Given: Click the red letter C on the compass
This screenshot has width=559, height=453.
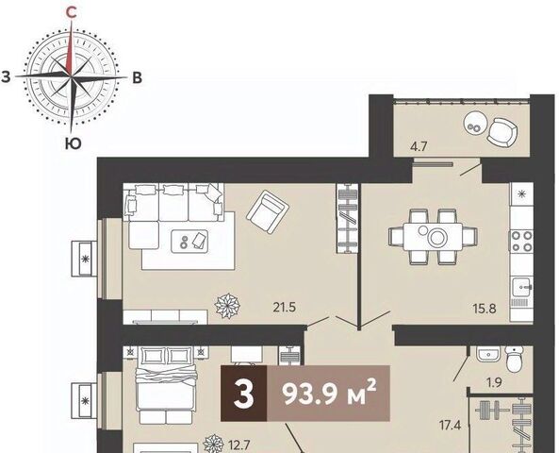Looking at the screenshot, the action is (x=72, y=13).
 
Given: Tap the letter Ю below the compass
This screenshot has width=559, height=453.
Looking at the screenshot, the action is (x=73, y=143).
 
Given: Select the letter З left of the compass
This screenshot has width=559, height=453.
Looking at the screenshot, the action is (x=6, y=76).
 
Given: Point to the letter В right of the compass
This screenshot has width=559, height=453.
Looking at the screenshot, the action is (x=138, y=77).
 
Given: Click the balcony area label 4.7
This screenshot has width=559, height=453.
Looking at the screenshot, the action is (x=419, y=146).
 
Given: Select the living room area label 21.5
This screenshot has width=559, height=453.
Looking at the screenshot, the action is (x=285, y=308).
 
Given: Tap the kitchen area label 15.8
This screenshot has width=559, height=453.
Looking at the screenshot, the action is (x=485, y=308).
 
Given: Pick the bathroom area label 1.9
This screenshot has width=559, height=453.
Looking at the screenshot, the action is (x=494, y=382).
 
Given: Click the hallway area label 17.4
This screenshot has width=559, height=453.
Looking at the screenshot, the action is (x=451, y=425).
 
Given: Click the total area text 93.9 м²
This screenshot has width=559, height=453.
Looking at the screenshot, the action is (x=329, y=394).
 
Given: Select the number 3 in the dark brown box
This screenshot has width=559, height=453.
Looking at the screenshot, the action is (x=244, y=394).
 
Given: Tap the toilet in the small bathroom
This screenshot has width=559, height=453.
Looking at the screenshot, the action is (x=514, y=360).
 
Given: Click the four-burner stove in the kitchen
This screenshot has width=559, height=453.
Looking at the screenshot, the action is (x=522, y=242).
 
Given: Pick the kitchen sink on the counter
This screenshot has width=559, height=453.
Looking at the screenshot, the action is (x=522, y=287).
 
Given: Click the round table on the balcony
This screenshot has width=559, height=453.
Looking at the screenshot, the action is (x=474, y=124).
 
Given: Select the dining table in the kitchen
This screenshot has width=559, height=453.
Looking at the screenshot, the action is (x=433, y=237).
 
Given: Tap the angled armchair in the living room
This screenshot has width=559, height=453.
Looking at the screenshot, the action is (x=268, y=211).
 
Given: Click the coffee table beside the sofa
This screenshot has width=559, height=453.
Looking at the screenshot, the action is (x=189, y=242).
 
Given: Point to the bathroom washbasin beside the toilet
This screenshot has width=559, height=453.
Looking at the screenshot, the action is (x=488, y=355).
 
